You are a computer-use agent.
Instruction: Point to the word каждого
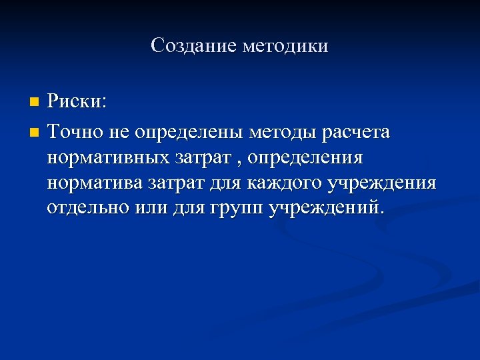click(x=273, y=183)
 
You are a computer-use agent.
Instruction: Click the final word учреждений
click(x=326, y=207)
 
